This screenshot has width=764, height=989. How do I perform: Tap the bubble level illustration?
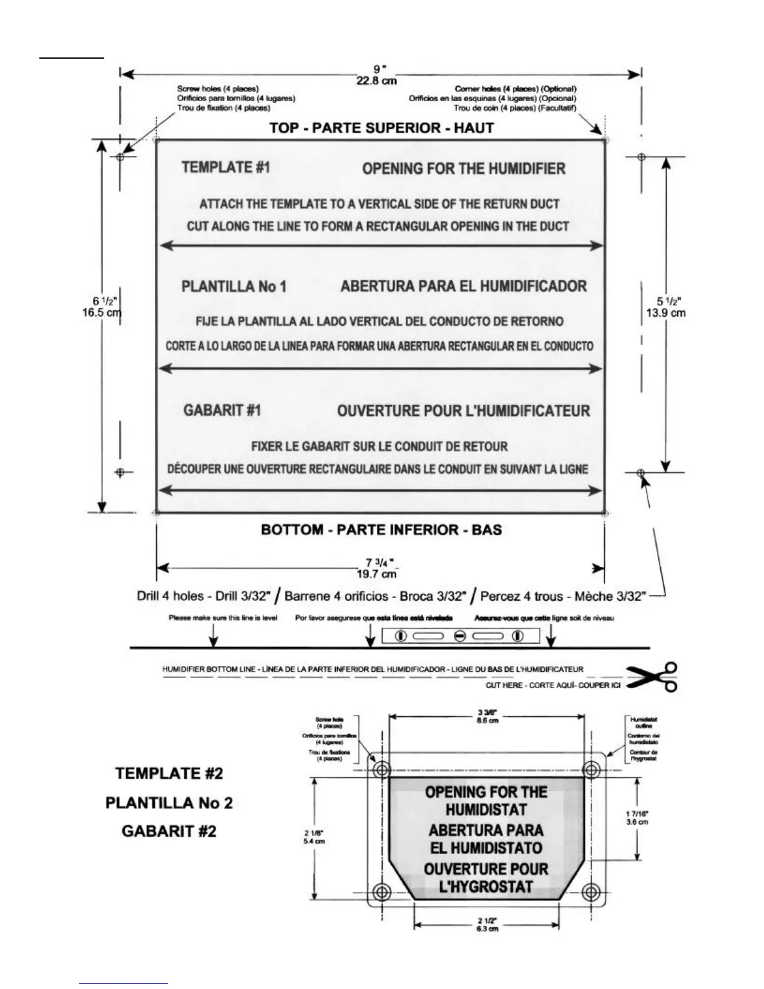(x=459, y=636)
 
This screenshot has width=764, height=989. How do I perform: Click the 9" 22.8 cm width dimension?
(x=376, y=76)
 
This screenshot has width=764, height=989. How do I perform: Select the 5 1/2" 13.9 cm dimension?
(x=665, y=307)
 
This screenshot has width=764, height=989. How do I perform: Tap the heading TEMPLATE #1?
(x=226, y=167)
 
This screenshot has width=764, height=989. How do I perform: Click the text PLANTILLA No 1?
(x=234, y=287)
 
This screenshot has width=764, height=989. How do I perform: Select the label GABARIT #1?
(x=222, y=410)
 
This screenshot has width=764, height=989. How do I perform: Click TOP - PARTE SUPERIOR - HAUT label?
(x=381, y=128)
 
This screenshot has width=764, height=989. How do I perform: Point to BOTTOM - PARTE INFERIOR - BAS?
(x=381, y=529)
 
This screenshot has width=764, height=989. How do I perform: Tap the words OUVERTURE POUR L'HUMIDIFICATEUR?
(x=463, y=411)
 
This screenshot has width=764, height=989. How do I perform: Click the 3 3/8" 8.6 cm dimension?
(x=487, y=716)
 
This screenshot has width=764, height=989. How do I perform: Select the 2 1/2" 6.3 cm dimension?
(x=487, y=925)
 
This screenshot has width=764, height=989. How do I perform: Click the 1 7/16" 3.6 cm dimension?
(x=637, y=817)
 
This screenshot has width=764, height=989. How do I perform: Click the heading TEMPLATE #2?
(x=169, y=773)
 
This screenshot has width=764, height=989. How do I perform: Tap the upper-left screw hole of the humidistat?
(x=381, y=769)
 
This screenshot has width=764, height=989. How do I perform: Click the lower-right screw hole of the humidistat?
(x=590, y=890)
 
